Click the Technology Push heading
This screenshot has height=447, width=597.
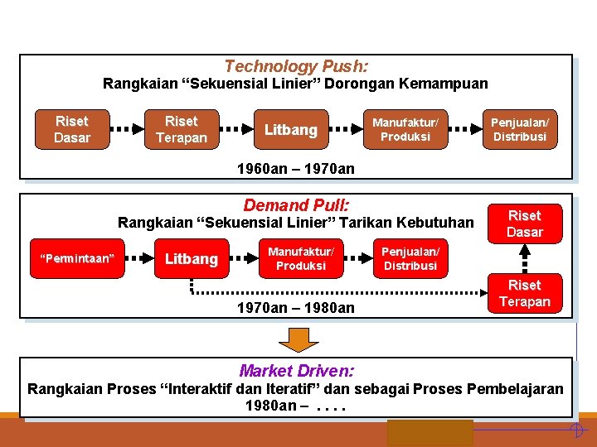[297, 66]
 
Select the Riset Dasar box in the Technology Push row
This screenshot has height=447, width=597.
[71, 129]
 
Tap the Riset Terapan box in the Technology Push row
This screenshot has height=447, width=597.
[181, 129]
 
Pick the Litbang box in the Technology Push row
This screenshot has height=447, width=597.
[290, 130]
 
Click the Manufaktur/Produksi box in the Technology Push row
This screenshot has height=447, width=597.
[405, 129]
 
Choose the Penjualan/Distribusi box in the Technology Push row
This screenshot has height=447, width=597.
[520, 129]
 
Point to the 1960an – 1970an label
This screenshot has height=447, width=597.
[295, 169]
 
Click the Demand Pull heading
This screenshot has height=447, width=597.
[296, 204]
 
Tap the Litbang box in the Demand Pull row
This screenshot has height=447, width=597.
[191, 259]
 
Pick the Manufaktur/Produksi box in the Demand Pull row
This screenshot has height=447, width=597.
[300, 258]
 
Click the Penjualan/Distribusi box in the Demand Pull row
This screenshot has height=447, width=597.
[410, 258]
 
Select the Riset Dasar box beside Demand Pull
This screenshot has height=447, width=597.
[524, 223]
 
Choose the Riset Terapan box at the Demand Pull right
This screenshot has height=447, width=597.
[524, 293]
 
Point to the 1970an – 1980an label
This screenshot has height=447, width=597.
[295, 308]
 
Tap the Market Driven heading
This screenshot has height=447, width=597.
[296, 371]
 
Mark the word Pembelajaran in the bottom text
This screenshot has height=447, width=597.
[515, 388]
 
